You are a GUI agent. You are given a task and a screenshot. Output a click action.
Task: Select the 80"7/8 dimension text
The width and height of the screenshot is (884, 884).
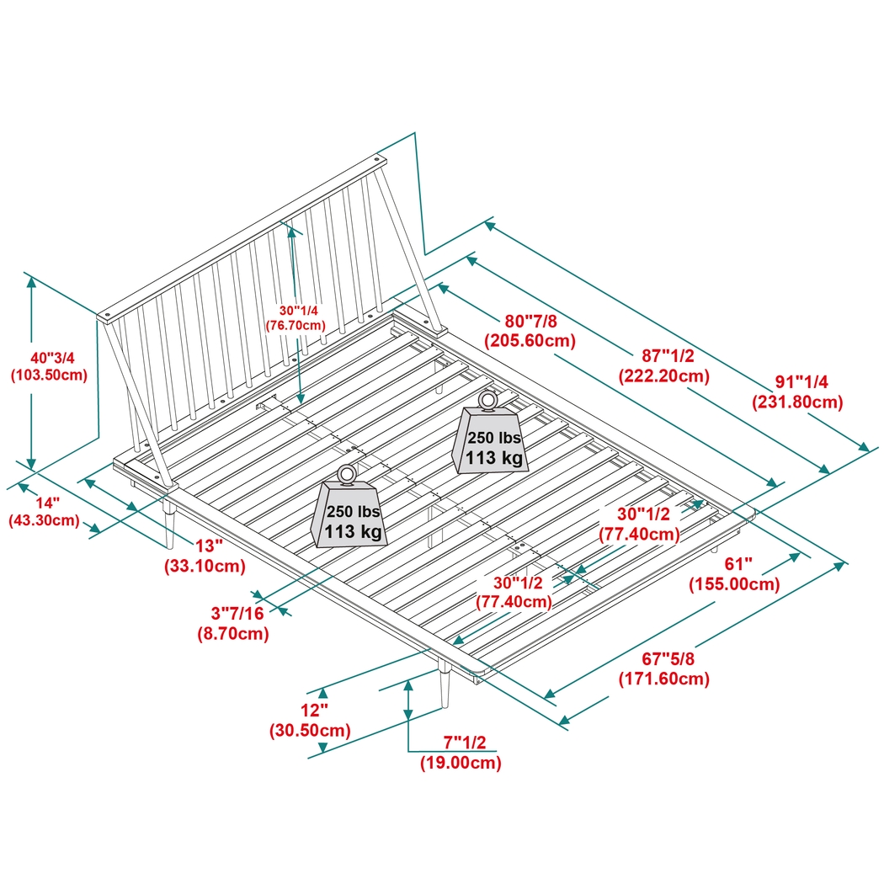[x=530, y=321]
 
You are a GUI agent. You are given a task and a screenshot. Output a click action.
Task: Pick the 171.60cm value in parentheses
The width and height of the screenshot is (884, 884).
[x=663, y=678]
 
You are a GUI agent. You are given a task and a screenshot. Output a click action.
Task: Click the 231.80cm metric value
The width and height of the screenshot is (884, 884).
[x=796, y=402]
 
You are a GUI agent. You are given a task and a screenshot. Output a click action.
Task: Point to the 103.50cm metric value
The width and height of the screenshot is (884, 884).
[x=49, y=375]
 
